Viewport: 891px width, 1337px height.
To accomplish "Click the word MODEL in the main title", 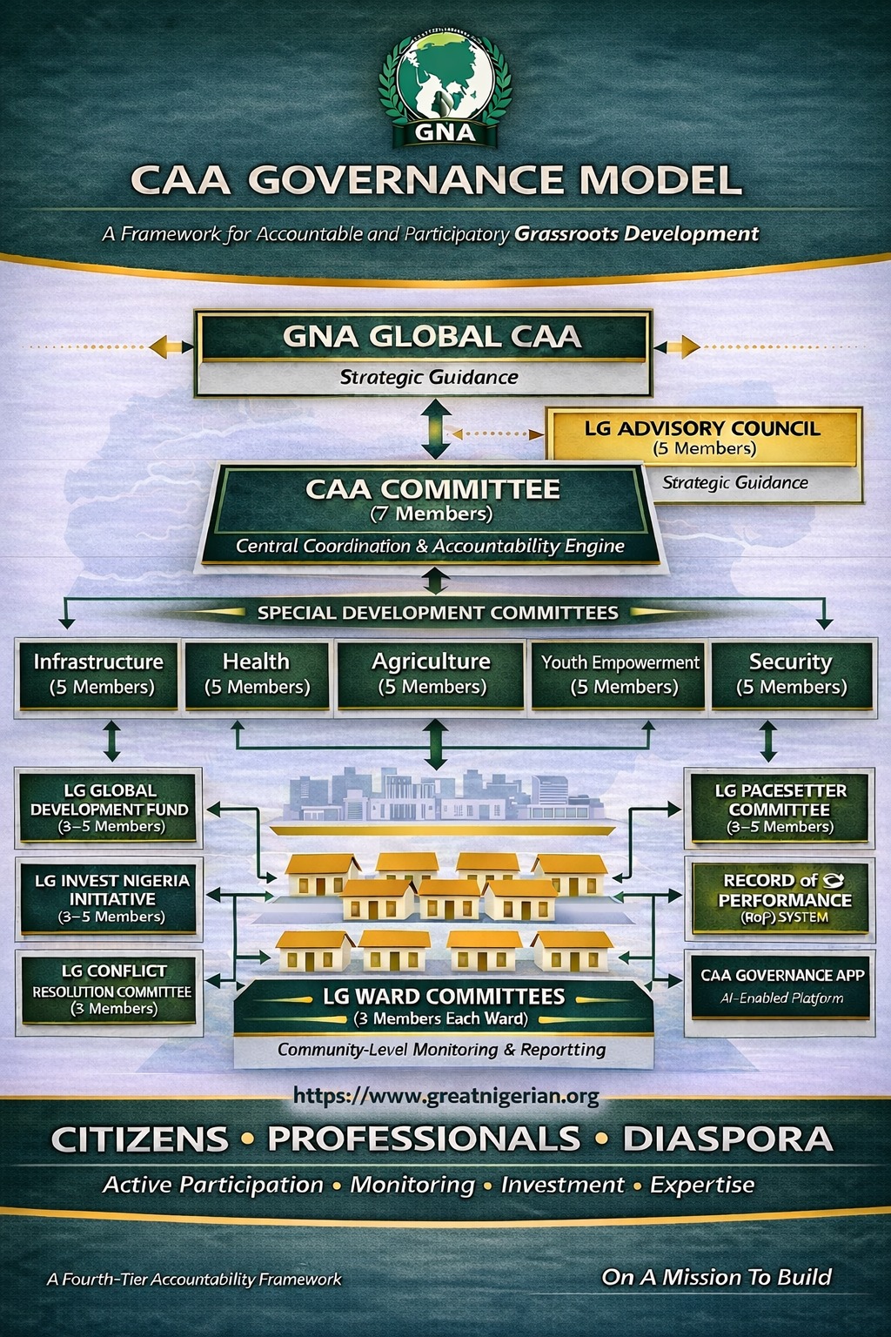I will (x=660, y=180).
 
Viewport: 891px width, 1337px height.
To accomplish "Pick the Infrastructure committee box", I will (x=98, y=675).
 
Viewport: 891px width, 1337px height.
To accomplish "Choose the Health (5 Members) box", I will (x=257, y=675).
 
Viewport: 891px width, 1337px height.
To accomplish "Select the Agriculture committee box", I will (x=432, y=675).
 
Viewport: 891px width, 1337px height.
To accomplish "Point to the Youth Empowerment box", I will (x=620, y=675).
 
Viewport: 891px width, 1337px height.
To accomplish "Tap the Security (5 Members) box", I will (x=791, y=675).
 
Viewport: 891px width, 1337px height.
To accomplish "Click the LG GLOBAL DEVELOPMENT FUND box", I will (x=110, y=808).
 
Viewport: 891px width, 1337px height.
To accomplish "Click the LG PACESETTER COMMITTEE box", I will (x=780, y=808).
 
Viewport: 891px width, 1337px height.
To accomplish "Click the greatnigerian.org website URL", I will (x=445, y=1096).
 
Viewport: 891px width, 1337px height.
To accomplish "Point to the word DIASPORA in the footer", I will (x=727, y=1139).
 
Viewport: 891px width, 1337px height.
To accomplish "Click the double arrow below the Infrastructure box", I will (x=111, y=741).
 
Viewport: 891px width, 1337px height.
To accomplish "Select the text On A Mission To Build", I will (x=716, y=1277).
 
